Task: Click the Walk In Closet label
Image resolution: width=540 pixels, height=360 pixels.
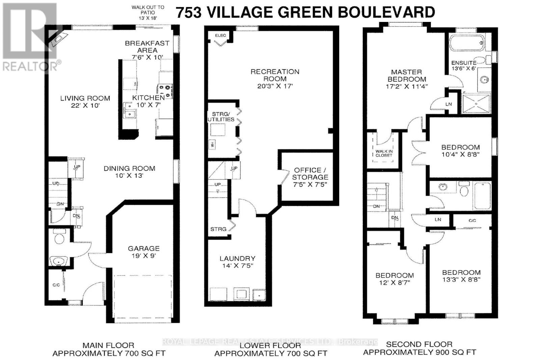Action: (384, 153)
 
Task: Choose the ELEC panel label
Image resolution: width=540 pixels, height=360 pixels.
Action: (220, 35)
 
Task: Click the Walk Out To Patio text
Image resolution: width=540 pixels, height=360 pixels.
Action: (148, 12)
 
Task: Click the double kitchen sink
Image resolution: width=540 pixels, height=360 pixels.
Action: (129, 111)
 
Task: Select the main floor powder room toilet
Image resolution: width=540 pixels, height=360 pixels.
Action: (60, 238)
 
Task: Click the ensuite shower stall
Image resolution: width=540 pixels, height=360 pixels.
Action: (476, 104)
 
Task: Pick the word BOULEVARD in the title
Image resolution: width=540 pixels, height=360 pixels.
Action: (387, 12)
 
